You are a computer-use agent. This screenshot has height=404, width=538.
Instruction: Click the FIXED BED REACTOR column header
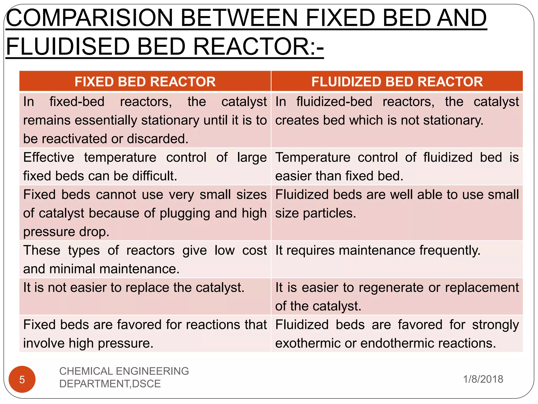point(145,82)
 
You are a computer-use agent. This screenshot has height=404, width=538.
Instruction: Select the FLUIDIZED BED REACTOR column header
point(397,82)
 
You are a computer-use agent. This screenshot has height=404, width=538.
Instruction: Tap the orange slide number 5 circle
point(22,379)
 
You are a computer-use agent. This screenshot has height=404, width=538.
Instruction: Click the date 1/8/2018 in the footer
point(483,379)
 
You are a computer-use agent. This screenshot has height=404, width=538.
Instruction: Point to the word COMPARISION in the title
point(89,18)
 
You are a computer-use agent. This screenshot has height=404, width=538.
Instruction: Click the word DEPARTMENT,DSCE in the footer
point(110,384)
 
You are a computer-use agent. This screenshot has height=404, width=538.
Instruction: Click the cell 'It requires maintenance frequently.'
point(378,250)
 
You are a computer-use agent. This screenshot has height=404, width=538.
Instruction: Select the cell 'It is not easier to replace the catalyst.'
point(134,287)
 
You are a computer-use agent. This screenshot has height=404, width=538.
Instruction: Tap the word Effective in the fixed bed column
point(49,158)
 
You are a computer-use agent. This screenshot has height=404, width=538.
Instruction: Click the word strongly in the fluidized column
point(495,325)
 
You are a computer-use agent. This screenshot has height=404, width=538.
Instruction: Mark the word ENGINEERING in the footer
point(152,371)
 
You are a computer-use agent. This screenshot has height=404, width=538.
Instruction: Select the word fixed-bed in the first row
point(77,102)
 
